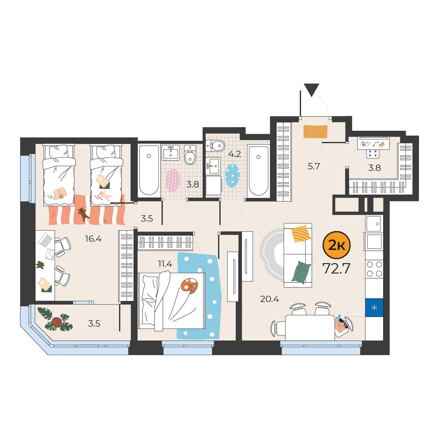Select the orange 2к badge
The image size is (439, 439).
tap(337, 245)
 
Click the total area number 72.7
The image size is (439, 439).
tap(337, 269)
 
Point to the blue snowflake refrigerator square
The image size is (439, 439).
tap(374, 308)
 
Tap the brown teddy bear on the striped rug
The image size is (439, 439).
tap(83, 214)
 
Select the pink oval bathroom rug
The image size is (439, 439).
tap(173, 181)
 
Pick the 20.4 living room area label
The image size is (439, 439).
tap(269, 299)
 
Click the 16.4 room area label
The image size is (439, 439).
tap(93, 239)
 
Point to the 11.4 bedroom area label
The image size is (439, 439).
tap(165, 264)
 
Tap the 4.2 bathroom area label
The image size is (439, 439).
tap(235, 154)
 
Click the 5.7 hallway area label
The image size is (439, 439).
tap(314, 167)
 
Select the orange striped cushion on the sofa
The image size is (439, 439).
tap(301, 233)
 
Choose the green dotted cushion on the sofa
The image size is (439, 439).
tap(301, 272)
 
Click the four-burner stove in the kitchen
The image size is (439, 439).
tap(374, 269)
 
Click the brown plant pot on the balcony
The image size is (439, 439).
tap(57, 323)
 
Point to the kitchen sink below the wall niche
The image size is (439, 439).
tap(374, 223)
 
